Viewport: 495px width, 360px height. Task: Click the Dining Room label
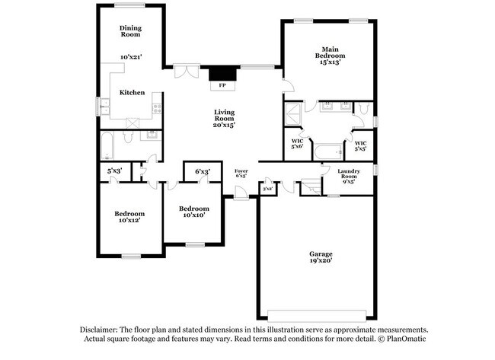coord(130,31)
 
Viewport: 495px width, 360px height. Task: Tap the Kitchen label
coord(132,92)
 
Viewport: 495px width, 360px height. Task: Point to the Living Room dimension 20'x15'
coord(223,125)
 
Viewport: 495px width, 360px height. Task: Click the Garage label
coord(321,253)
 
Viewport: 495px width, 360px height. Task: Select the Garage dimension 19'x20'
coord(321,261)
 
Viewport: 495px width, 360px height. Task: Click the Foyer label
coord(241,170)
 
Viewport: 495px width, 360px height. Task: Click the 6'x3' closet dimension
coord(202,172)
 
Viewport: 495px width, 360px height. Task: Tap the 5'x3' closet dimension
coord(114,170)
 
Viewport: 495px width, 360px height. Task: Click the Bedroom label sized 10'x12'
coord(129,214)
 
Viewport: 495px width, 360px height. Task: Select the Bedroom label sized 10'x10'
coord(193,208)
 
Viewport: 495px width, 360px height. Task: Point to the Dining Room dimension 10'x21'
coord(131,57)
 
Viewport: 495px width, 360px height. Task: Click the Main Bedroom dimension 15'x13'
coord(330,62)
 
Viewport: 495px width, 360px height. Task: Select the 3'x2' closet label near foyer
coord(267,188)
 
